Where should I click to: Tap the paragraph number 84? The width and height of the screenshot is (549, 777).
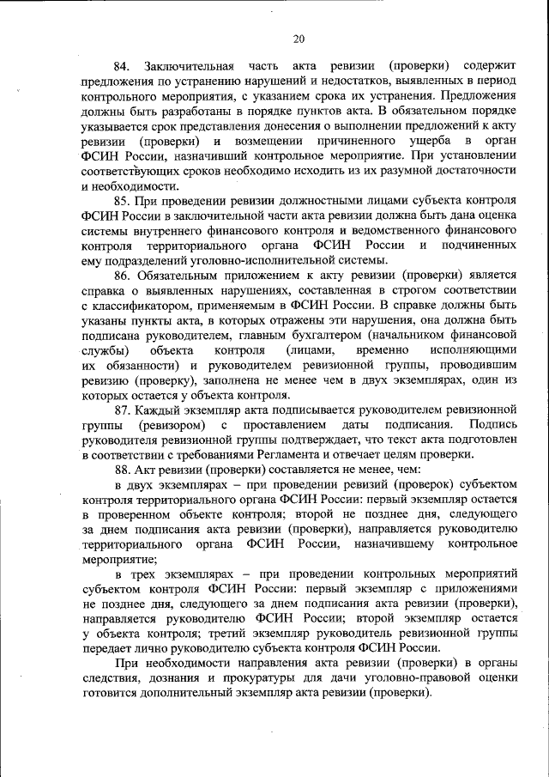(x=121, y=66)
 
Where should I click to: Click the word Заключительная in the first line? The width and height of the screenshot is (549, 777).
(x=190, y=66)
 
